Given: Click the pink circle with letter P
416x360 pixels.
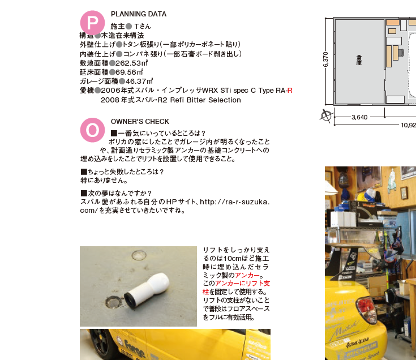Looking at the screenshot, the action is tap(92, 23).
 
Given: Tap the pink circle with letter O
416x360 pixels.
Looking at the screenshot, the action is tap(92, 130).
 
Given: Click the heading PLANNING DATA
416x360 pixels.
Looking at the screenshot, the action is tap(139, 14).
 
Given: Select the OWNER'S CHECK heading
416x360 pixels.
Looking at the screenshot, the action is tap(140, 122).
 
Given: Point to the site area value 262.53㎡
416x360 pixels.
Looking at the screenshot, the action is tap(131, 63).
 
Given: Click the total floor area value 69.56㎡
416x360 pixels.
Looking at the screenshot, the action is tap(130, 72).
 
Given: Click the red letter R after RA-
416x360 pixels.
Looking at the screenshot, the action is tap(290, 91).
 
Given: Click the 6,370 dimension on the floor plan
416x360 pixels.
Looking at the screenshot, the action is tap(326, 59).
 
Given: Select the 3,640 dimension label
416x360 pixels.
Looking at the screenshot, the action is tap(359, 117).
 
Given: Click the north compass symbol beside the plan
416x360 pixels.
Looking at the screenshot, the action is tap(326, 116).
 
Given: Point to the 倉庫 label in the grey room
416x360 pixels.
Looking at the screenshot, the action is tap(359, 60).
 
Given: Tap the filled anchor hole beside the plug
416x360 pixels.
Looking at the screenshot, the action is tap(114, 302).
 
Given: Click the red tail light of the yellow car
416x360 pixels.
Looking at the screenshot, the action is tap(367, 309).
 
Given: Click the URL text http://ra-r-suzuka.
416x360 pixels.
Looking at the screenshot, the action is tap(234, 202).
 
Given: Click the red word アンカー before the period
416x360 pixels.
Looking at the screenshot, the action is tap(247, 275).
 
